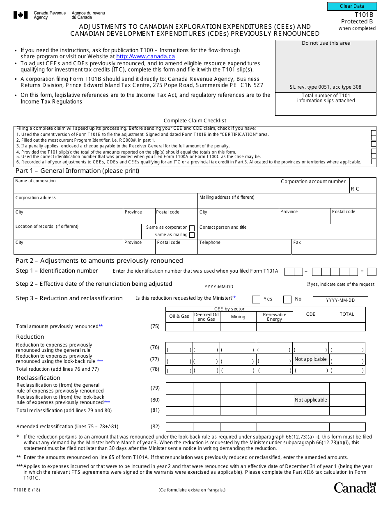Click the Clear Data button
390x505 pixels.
click(352, 7)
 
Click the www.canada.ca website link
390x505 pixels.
click(145, 57)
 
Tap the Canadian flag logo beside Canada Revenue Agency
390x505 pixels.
click(21, 15)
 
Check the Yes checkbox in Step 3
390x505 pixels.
click(256, 299)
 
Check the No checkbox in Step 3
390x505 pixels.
click(287, 299)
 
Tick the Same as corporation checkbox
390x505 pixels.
click(192, 228)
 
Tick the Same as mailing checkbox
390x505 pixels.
click(192, 235)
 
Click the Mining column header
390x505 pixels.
click(238, 317)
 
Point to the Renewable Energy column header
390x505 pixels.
click(274, 317)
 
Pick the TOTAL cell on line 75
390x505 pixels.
click(347, 327)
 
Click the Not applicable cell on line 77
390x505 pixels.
click(311, 359)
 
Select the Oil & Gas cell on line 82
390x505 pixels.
click(179, 427)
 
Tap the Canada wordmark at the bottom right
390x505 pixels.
click(355, 487)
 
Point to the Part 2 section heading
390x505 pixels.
click(99, 261)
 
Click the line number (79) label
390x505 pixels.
click(155, 388)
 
